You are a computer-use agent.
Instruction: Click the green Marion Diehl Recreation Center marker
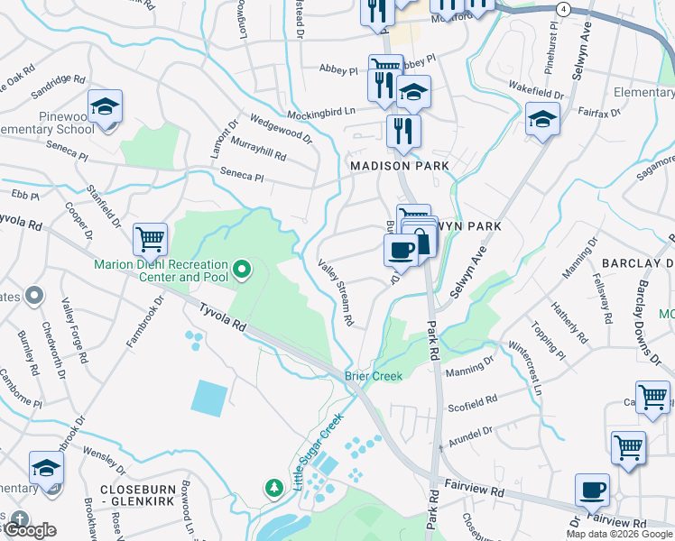pyautogui.click(x=241, y=270)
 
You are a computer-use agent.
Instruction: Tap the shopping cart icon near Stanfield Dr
pyautogui.click(x=150, y=240)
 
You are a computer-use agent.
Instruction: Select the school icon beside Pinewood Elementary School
pyautogui.click(x=105, y=106)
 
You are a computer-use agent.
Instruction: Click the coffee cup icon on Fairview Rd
pyautogui.click(x=592, y=491)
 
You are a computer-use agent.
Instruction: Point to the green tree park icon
pyautogui.click(x=273, y=488)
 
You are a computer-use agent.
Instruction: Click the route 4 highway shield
pyautogui.click(x=563, y=8)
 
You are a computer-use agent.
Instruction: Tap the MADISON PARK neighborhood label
pyautogui.click(x=399, y=167)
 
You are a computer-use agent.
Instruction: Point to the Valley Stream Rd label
pyautogui.click(x=336, y=292)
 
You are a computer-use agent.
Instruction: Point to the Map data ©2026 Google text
pyautogui.click(x=618, y=534)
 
